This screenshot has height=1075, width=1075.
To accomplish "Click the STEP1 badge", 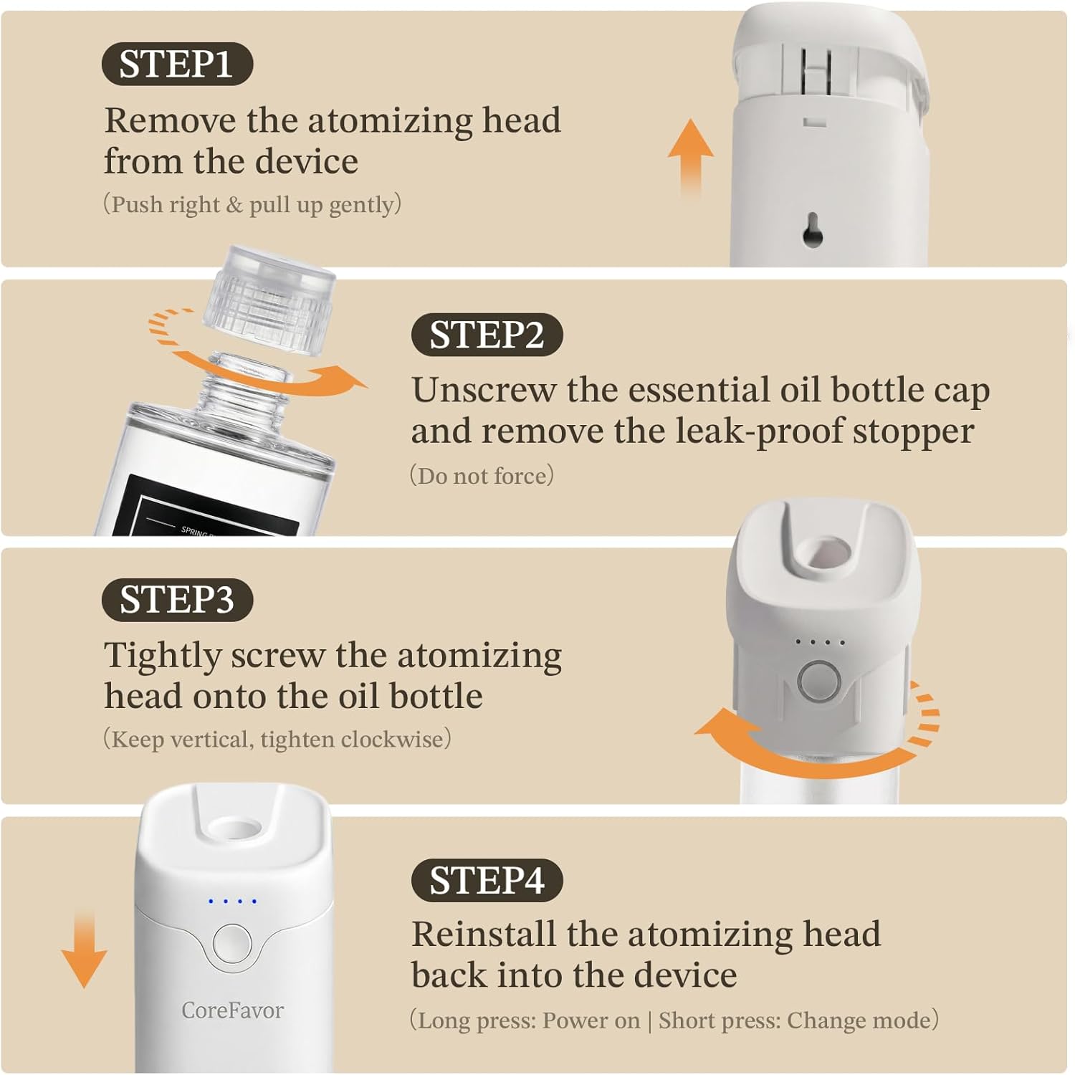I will [x=177, y=64].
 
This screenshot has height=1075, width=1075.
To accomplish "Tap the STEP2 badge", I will [x=487, y=335].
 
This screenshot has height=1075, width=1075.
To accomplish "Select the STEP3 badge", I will [x=177, y=600].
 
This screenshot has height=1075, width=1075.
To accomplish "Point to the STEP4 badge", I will [x=487, y=880].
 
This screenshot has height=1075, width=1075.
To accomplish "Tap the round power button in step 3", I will [x=820, y=681].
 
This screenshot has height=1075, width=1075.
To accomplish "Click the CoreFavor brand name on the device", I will [x=232, y=1010].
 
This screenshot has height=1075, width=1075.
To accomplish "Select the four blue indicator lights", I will [x=232, y=901].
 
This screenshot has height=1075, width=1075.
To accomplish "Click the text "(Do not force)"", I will [x=482, y=476].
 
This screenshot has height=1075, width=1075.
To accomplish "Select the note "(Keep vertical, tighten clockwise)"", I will [x=277, y=739].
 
